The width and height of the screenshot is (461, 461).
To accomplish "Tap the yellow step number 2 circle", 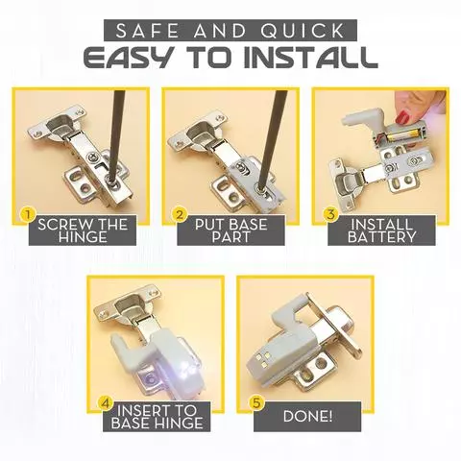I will (x=180, y=215).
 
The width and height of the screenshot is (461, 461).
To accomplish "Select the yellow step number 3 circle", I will (x=330, y=215).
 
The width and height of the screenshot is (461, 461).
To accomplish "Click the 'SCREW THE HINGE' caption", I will (x=82, y=230).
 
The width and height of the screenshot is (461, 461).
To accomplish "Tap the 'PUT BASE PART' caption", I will (x=230, y=230).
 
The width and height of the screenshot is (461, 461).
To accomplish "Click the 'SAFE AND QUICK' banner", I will (x=230, y=28).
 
